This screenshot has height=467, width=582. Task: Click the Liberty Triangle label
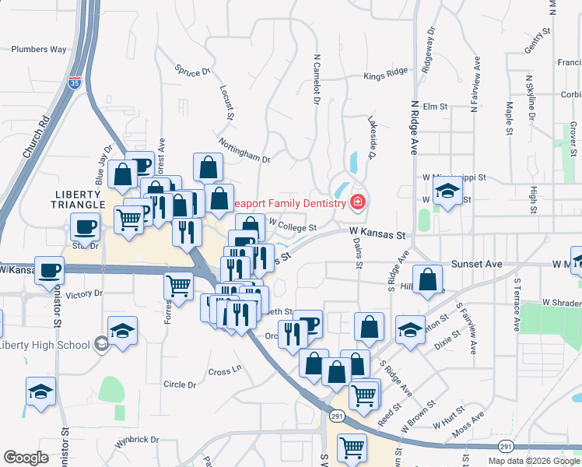(x=79, y=198)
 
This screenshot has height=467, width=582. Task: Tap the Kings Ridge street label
(x=386, y=76)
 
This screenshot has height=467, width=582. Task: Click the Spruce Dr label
(x=193, y=71)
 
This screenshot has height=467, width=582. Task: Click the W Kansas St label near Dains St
(x=378, y=233)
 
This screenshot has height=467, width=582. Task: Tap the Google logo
(x=26, y=458)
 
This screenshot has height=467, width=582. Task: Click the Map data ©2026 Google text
(x=534, y=461)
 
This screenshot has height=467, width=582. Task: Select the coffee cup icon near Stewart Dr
(x=85, y=227)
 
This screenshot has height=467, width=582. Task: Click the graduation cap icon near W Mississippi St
(x=447, y=191)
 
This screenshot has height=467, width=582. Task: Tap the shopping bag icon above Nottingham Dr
(x=209, y=167)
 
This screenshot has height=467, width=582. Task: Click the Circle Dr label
(x=180, y=384)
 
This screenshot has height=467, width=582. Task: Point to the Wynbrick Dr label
(x=137, y=440)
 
